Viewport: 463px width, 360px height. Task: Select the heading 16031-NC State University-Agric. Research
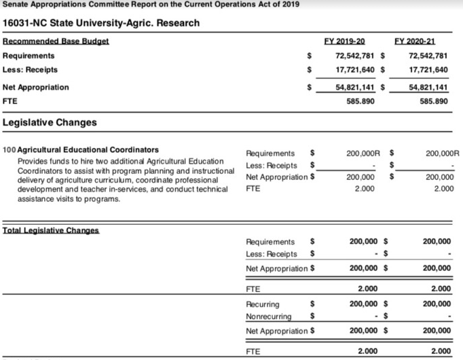click(x=102, y=23)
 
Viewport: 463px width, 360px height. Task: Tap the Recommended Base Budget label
click(x=56, y=41)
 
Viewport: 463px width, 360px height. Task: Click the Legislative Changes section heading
click(x=50, y=123)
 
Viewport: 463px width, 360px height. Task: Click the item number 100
click(x=10, y=149)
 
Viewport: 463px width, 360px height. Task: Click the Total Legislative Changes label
click(x=51, y=230)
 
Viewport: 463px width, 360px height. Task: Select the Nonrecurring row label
click(x=268, y=316)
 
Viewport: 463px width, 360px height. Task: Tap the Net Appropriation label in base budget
click(x=36, y=88)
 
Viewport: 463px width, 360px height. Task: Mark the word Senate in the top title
click(x=14, y=5)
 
